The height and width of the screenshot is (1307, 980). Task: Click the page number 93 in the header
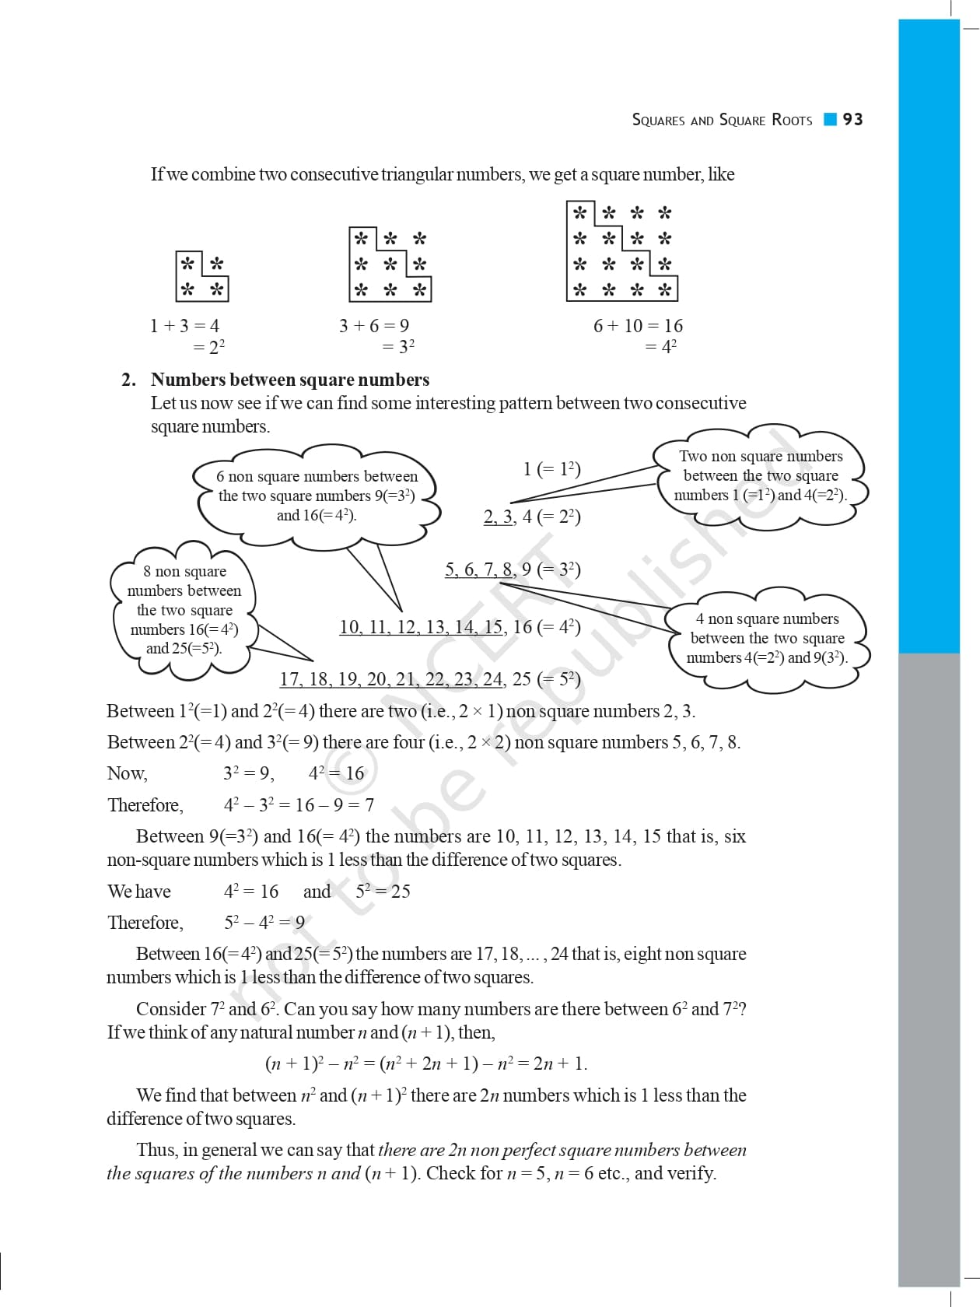click(x=853, y=119)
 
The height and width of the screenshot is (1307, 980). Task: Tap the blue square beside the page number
click(x=830, y=119)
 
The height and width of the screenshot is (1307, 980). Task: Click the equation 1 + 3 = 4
click(x=184, y=326)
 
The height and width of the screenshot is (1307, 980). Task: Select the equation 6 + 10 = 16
click(x=638, y=326)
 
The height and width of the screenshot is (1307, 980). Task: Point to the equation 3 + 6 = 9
click(x=374, y=326)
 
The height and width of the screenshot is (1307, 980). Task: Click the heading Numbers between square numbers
click(x=289, y=380)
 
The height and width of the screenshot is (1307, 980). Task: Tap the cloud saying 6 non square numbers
click(x=317, y=495)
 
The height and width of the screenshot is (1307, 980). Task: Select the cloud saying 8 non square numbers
click(x=184, y=609)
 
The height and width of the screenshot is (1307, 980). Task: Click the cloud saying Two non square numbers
click(x=760, y=475)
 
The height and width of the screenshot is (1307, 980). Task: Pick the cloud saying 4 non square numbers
click(x=767, y=638)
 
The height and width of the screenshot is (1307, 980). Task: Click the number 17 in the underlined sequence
click(x=290, y=679)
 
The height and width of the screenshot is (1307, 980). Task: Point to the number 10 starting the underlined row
click(x=349, y=627)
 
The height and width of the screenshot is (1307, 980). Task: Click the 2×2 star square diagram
click(x=202, y=276)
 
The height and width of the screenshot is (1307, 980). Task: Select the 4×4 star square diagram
click(x=622, y=251)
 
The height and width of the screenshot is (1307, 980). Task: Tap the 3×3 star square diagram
click(x=390, y=265)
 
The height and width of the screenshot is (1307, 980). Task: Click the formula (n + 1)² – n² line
click(x=426, y=1063)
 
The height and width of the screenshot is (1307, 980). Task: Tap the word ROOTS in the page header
click(x=792, y=120)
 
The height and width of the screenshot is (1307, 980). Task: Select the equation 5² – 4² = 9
click(x=264, y=923)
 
